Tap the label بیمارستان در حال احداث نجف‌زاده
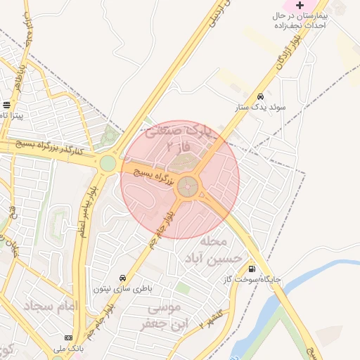(300, 20)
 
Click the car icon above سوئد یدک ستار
(260, 96)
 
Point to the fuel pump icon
(252, 268)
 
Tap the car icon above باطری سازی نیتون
(123, 278)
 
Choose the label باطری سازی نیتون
(123, 289)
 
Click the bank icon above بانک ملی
(68, 337)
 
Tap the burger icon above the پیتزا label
(6, 105)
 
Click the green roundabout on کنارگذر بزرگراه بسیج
(107, 164)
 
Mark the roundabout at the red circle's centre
(187, 186)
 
